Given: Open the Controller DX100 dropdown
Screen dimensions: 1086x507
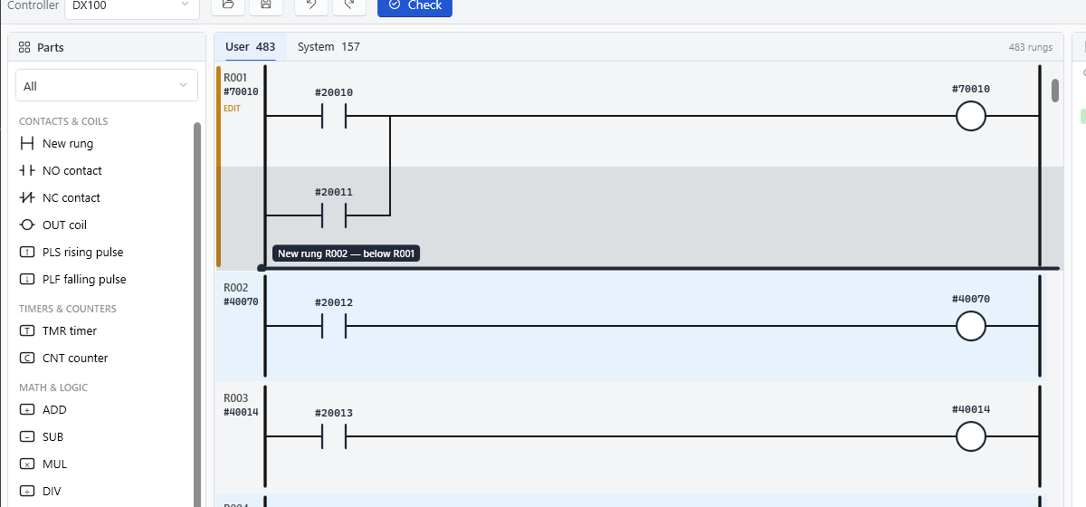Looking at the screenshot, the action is tap(131, 7).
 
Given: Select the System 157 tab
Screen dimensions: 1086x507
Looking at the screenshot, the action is tap(329, 47).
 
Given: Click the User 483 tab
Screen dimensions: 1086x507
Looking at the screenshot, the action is tap(250, 47).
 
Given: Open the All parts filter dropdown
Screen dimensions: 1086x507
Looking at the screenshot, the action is tap(107, 86).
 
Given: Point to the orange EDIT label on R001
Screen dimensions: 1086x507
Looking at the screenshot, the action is tap(232, 109).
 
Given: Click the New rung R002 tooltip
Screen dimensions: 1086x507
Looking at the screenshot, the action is tap(346, 253).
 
